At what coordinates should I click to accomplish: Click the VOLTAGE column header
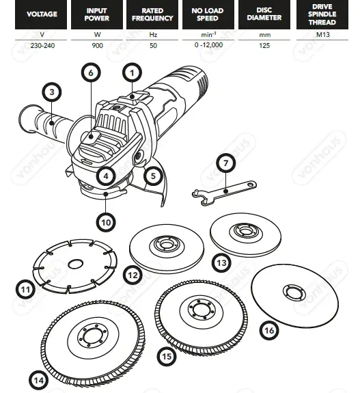coord(42,14)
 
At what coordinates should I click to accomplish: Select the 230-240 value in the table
coord(42,45)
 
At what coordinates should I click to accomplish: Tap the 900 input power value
coord(97,45)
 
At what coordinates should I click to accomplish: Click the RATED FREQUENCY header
coord(152,14)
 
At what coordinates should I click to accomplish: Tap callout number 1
coord(132,71)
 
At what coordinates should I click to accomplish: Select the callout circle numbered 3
coord(51,91)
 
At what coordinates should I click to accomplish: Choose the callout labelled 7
coord(225,163)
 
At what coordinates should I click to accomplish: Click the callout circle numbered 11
coord(25,290)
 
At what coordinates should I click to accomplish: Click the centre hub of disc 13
coord(243,232)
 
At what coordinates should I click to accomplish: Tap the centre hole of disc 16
coord(296,293)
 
